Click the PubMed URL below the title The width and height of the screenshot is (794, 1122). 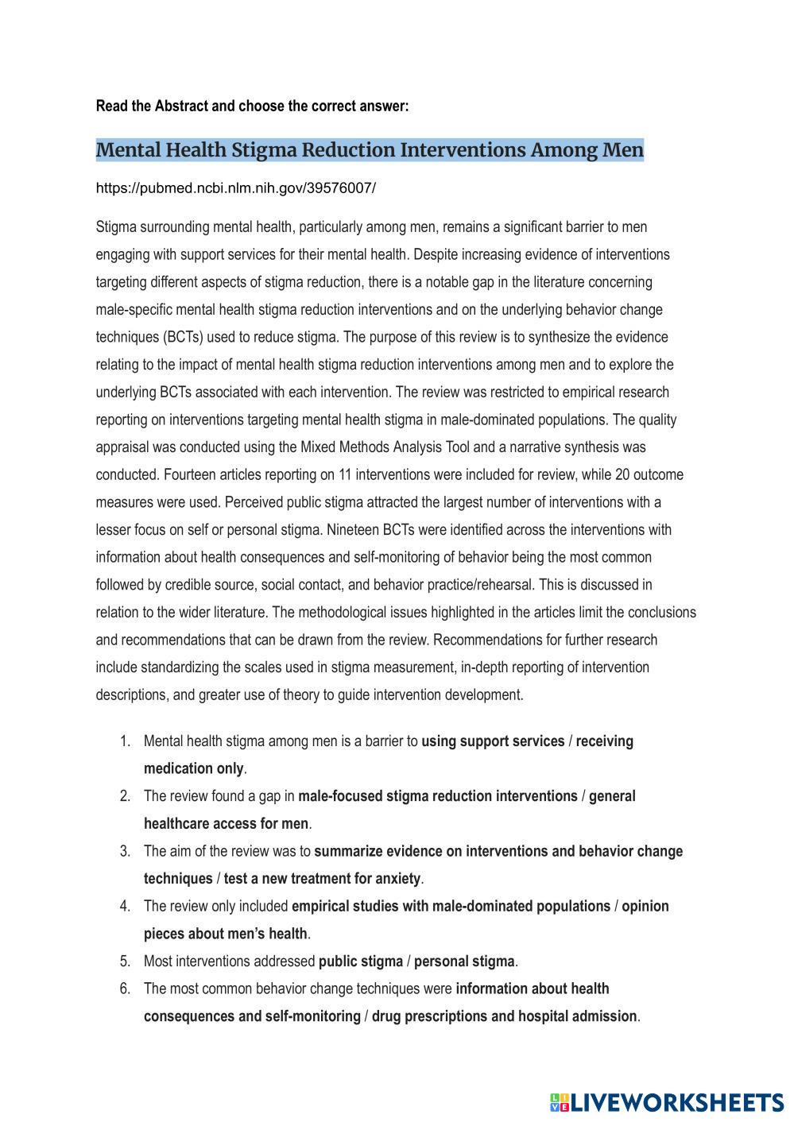tap(235, 188)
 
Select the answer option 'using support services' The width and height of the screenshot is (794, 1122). tap(493, 741)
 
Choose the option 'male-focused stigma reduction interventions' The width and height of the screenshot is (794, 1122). tap(438, 796)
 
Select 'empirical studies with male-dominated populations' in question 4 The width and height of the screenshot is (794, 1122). tap(451, 907)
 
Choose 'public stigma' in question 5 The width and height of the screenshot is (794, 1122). tap(360, 961)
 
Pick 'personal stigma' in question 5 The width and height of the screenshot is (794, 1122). tap(464, 961)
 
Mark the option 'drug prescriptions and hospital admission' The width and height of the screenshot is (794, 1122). tap(504, 1016)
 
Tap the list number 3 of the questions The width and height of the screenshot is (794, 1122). tap(125, 851)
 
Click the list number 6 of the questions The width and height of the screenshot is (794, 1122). tap(125, 989)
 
